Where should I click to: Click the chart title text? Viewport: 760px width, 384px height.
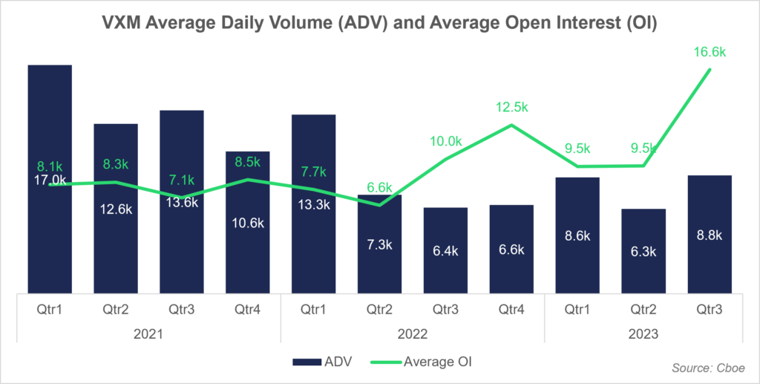(379, 23)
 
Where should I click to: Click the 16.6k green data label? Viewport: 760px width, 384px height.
(710, 52)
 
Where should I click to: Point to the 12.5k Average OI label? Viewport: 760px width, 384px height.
(511, 108)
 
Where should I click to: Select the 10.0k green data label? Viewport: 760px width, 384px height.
(446, 141)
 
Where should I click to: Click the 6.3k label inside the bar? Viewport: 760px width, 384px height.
(643, 252)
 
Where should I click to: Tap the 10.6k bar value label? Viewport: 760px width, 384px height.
(248, 222)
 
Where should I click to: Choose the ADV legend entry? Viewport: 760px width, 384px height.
(318, 362)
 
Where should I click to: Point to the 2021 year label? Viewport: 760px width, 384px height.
(148, 335)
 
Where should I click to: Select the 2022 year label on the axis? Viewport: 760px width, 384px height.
(413, 335)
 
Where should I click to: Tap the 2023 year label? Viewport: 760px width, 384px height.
(643, 335)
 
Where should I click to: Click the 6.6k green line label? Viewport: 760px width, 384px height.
(379, 186)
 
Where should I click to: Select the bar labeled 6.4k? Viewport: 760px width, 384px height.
(446, 250)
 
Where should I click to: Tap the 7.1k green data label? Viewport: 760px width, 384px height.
(182, 180)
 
